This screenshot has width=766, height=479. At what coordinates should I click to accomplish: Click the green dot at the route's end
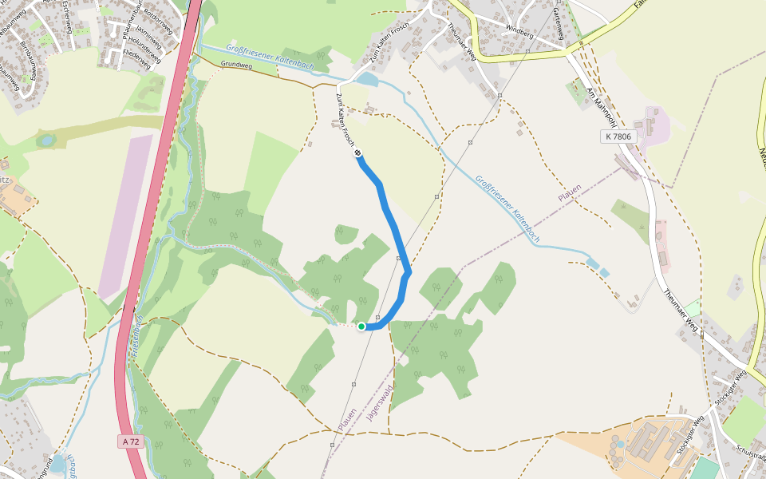361,326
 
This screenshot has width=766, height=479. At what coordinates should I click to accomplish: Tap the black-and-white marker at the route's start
357,153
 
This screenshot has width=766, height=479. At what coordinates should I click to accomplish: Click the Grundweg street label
236,65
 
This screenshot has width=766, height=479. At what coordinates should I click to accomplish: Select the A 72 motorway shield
132,441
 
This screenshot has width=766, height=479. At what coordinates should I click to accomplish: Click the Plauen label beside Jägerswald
346,421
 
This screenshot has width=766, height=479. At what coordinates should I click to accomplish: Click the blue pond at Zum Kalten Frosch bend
368,79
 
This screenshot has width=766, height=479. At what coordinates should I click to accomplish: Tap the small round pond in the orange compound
619,443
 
